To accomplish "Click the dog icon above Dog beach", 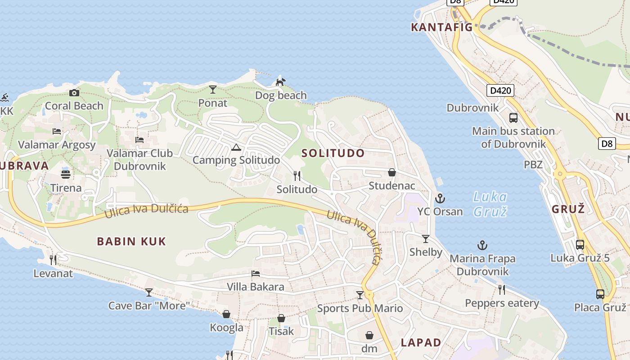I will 280,82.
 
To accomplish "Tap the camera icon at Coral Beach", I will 74,93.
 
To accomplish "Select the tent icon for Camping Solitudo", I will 236,147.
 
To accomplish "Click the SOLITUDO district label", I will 333,153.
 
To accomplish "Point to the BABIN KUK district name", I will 131,241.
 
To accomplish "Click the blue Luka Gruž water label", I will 490,204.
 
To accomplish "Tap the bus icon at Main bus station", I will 513,118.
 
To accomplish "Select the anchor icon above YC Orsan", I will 440,198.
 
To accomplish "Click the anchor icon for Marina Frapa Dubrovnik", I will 482,245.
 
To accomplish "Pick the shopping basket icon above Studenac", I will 391,172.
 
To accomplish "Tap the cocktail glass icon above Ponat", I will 213,90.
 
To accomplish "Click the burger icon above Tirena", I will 66,174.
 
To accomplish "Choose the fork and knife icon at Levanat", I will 53,260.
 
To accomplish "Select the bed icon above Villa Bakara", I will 255,274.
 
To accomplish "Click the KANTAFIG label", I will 441,27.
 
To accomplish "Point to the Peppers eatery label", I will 502,303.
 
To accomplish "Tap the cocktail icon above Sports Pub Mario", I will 360,295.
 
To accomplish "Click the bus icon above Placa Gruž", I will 600,294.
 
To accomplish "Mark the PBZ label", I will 533,165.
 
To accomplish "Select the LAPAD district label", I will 421,342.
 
